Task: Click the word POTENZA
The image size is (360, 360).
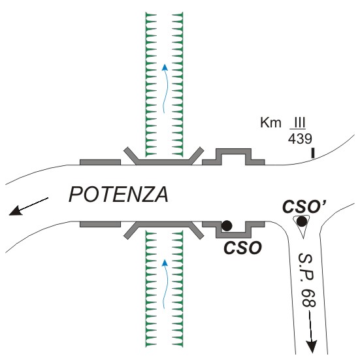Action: coord(118,195)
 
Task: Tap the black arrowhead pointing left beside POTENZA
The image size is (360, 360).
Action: coord(16,210)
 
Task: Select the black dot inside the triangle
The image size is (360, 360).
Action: coord(302,221)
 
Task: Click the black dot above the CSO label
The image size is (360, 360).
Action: coord(227,225)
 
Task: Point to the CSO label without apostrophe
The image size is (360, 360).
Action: coord(243,248)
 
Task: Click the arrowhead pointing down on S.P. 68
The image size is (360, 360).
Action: coord(312,347)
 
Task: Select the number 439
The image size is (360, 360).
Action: coord(300,139)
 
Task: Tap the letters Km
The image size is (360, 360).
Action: coord(270,123)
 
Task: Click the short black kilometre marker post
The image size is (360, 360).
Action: coord(313,153)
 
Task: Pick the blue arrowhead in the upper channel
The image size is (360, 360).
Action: coord(165,67)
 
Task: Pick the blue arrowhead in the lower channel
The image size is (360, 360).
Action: coord(165,263)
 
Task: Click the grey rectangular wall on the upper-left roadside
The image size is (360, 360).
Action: coord(101,162)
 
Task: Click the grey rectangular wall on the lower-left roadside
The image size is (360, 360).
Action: coord(101,224)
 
